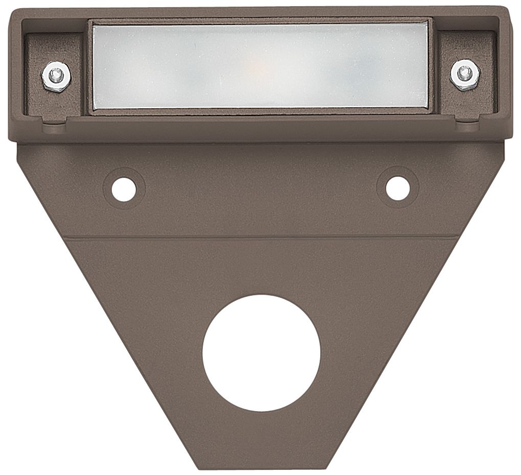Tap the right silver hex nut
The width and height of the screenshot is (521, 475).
(463, 74)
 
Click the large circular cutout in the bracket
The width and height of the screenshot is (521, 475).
(261, 354)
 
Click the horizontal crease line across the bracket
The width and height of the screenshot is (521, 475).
(261, 238)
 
